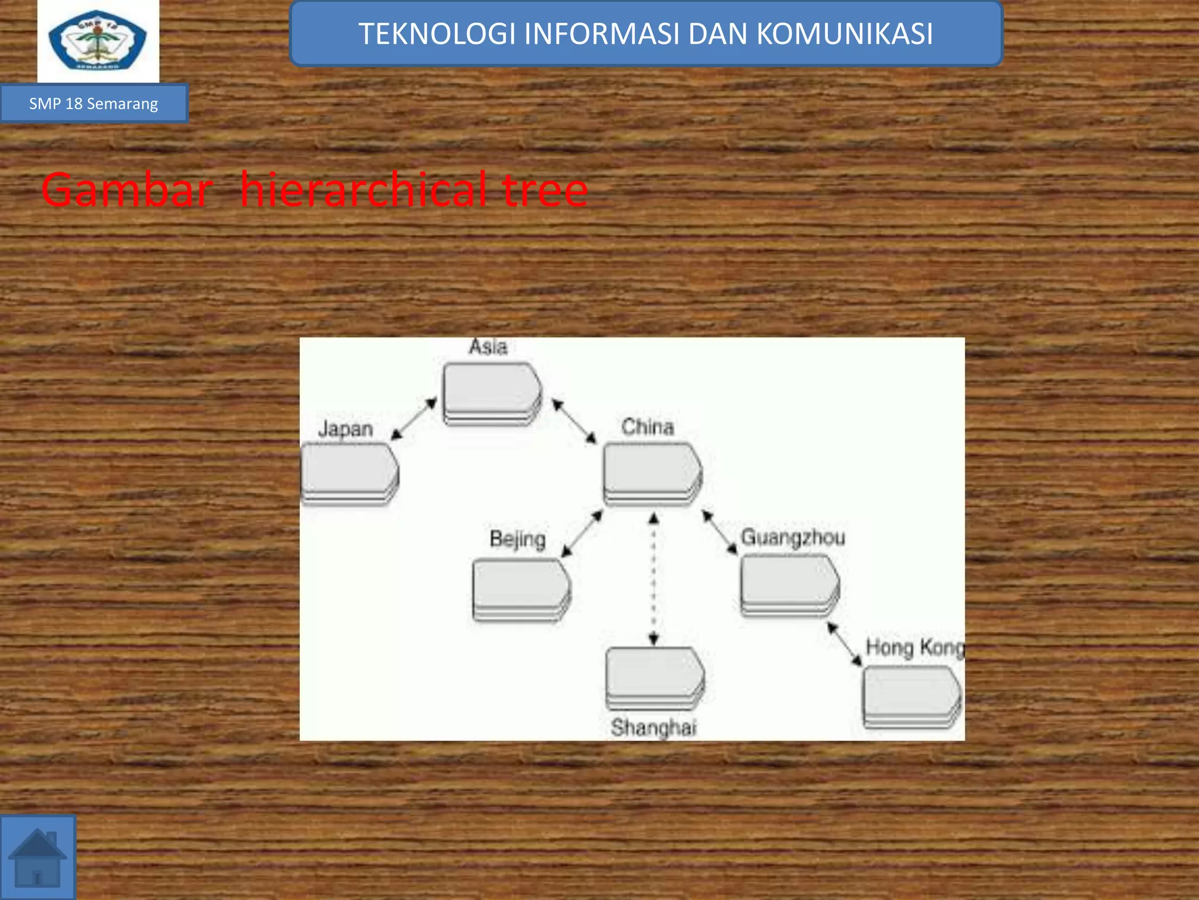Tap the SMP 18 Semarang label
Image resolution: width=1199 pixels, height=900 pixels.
tap(94, 104)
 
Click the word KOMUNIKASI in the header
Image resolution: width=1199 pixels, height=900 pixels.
tap(845, 34)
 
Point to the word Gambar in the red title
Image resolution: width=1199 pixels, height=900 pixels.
tap(126, 190)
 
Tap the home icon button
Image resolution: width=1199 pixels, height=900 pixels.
tap(37, 857)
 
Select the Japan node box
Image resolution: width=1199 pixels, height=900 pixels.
tap(350, 472)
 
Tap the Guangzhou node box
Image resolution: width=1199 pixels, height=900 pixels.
tap(789, 585)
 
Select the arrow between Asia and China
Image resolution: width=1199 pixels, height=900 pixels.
tap(574, 421)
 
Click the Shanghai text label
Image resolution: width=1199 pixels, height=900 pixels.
tap(653, 728)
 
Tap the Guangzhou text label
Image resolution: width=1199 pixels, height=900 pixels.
tap(793, 537)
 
